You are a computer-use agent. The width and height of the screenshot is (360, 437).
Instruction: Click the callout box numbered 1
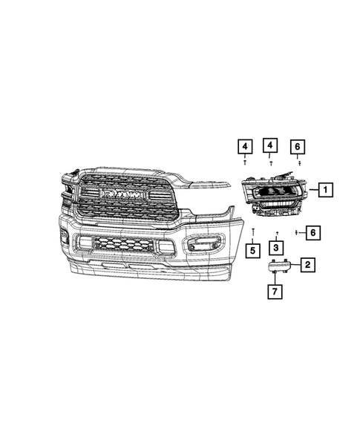click(x=324, y=191)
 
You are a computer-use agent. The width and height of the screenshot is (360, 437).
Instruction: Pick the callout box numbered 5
click(x=253, y=250)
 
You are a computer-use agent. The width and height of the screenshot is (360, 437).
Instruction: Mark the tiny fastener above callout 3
click(x=275, y=233)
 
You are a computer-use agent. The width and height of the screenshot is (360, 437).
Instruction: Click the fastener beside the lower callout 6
click(x=296, y=233)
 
